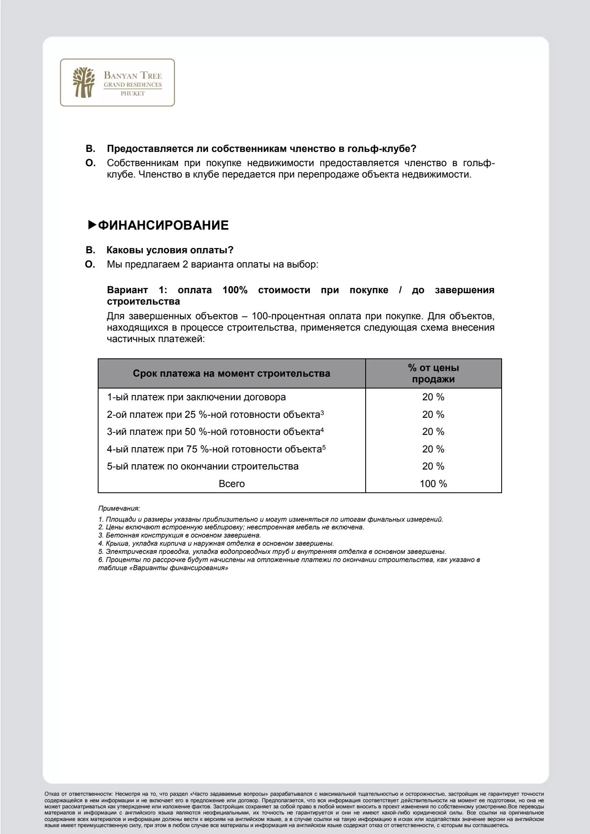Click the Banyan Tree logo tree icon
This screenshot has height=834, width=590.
[x=83, y=82]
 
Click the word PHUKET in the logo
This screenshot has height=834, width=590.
[x=133, y=94]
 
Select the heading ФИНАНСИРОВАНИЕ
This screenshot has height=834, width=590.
[x=163, y=225]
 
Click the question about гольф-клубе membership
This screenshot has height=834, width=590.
[x=261, y=149]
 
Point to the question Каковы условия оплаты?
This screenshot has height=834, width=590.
[x=170, y=250]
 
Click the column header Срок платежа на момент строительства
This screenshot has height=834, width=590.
[x=231, y=373]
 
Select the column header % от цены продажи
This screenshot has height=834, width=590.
[x=433, y=373]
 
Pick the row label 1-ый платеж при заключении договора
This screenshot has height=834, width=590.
[x=196, y=397]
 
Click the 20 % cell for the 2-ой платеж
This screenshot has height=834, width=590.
[x=433, y=415]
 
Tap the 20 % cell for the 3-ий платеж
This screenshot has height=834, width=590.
[x=433, y=432]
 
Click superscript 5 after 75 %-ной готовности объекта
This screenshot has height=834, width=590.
[x=324, y=448]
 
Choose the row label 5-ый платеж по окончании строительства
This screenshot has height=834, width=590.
[x=202, y=466]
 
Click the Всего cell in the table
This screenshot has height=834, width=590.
[x=232, y=484]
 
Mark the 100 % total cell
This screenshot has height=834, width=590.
[x=433, y=484]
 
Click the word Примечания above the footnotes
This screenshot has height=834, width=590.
[x=119, y=508]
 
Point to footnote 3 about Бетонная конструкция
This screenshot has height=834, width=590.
[x=180, y=536]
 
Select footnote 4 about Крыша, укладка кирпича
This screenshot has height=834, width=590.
[x=216, y=544]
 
